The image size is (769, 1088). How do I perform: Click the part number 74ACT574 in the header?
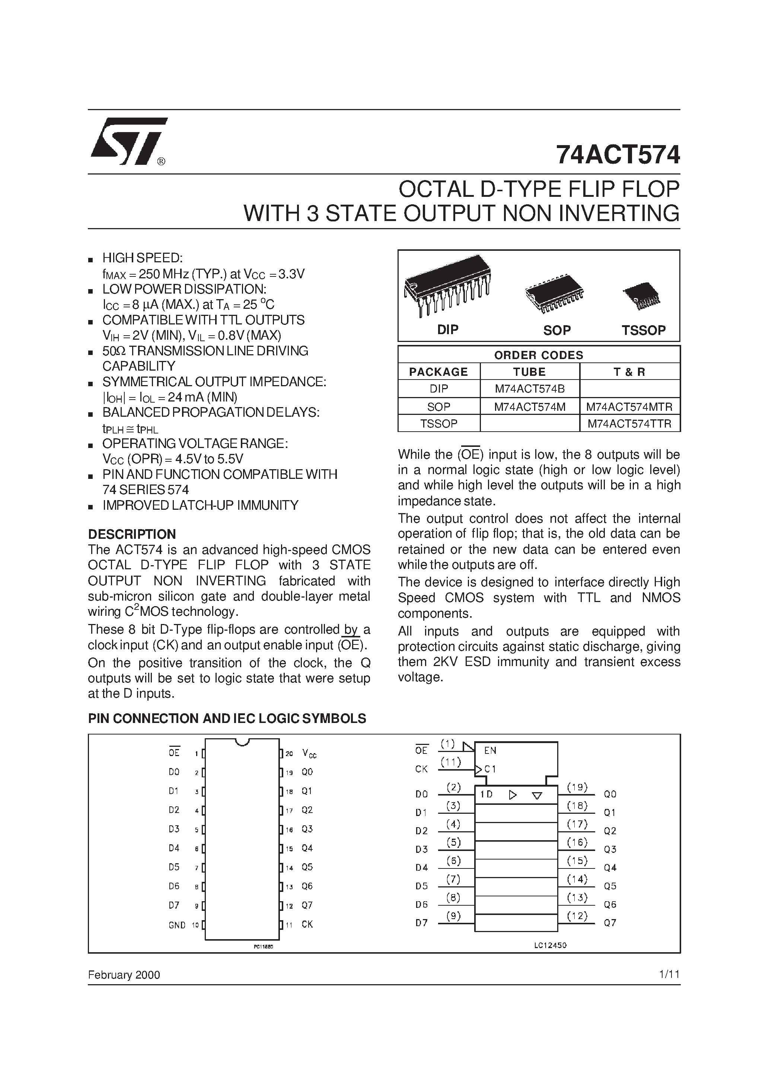[x=618, y=154]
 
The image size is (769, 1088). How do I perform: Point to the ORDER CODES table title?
[x=539, y=355]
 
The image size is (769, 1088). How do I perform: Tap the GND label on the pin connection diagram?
[x=177, y=925]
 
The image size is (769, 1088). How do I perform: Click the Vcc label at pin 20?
[x=309, y=753]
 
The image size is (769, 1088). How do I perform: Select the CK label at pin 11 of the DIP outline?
[x=307, y=924]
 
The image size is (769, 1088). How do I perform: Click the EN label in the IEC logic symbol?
[x=490, y=751]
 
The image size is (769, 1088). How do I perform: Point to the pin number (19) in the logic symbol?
[x=577, y=787]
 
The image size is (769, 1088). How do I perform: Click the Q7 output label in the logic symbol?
[x=610, y=923]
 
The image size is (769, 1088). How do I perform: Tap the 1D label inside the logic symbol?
[x=486, y=794]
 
